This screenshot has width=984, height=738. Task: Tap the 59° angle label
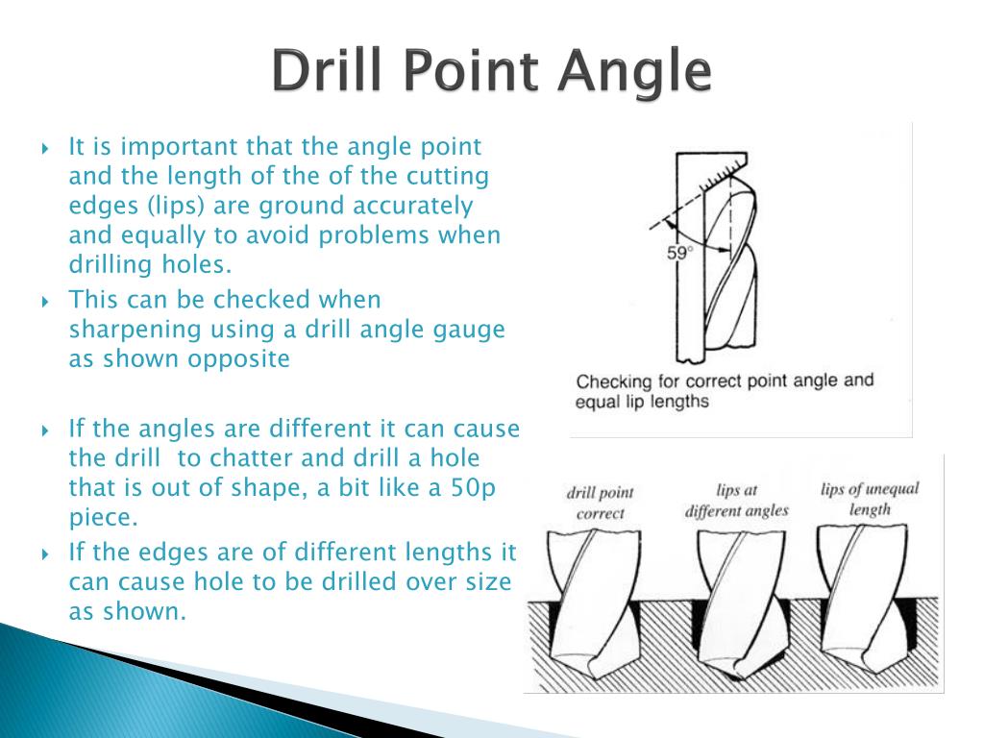coord(679,254)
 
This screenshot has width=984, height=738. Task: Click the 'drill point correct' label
coord(600,503)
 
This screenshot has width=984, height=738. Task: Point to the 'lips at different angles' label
coord(737,500)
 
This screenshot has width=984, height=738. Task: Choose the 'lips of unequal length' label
coord(870,499)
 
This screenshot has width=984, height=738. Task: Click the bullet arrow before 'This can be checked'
coord(45,302)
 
